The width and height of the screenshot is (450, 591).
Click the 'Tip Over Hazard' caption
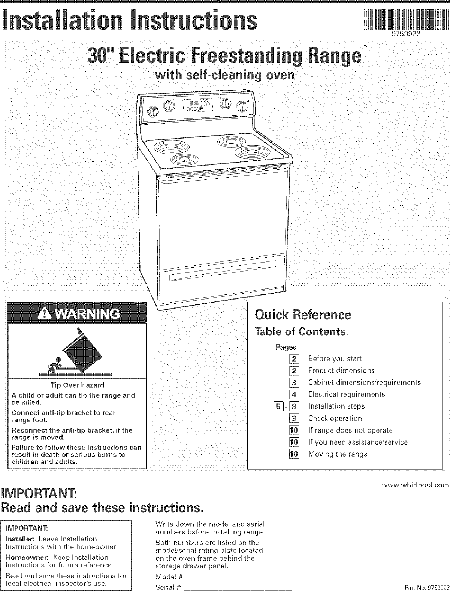[77, 385]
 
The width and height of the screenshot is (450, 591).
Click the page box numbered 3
[295, 382]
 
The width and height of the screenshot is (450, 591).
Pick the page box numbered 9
[295, 418]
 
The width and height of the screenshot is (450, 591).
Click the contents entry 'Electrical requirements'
[346, 394]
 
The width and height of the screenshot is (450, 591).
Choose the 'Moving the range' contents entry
[338, 454]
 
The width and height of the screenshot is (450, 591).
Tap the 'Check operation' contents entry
[335, 418]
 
